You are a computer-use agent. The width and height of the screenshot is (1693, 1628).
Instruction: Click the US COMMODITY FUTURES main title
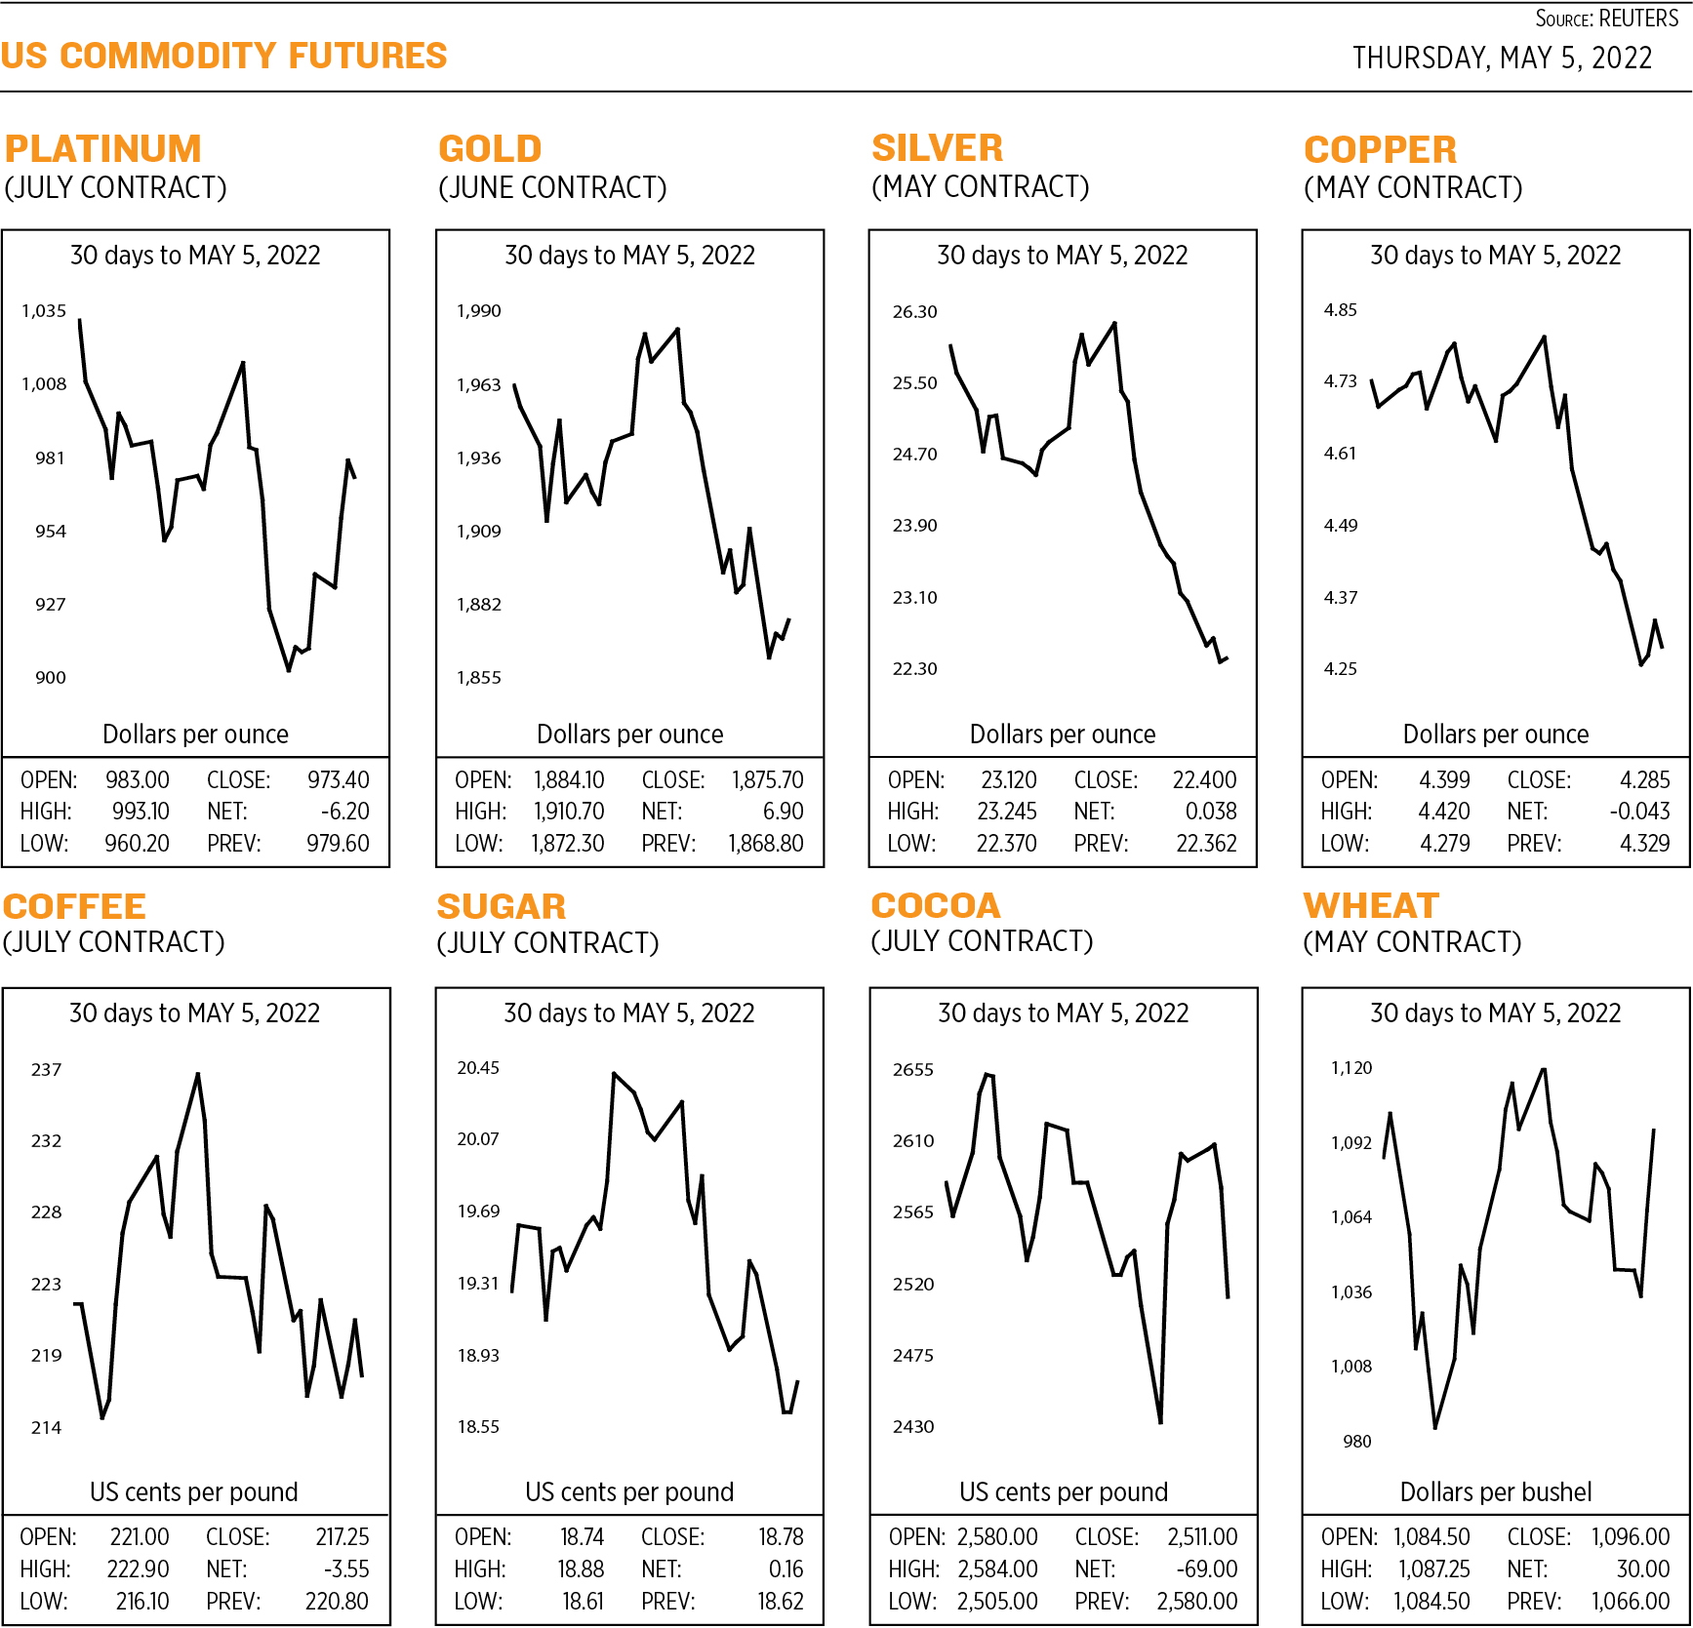click(x=223, y=56)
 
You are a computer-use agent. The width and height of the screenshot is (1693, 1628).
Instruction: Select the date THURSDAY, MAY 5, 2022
click(x=1502, y=59)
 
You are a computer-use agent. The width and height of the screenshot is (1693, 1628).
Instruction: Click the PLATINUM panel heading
click(x=103, y=148)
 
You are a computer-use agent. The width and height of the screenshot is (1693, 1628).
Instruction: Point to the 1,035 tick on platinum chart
click(x=44, y=311)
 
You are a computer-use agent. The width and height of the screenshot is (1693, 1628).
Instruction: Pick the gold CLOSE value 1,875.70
click(x=767, y=780)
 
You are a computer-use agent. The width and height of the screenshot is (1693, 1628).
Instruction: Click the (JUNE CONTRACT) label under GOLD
click(x=552, y=187)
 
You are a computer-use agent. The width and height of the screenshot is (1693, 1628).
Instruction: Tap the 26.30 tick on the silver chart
click(x=914, y=312)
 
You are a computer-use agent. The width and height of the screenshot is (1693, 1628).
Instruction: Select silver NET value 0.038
click(x=1210, y=812)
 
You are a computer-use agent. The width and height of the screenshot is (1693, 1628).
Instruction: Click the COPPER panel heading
click(x=1380, y=149)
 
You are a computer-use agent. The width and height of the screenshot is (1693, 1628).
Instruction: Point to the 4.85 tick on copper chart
click(x=1340, y=310)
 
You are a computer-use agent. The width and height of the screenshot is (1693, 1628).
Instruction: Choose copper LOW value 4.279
click(x=1444, y=843)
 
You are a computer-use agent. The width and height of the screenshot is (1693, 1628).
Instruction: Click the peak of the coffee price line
click(x=198, y=1074)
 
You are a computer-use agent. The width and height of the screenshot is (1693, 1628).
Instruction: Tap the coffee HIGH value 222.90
click(x=138, y=1568)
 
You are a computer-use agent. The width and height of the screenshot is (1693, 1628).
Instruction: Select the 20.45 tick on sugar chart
click(x=478, y=1068)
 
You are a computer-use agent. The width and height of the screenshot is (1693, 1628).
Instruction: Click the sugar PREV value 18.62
click(x=781, y=1601)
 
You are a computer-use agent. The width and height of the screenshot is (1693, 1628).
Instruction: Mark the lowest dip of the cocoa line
click(x=1160, y=1422)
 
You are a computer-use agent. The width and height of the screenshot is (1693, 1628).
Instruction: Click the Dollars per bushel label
click(x=1495, y=1491)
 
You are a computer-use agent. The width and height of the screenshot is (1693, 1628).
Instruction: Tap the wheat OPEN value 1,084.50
click(x=1431, y=1536)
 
